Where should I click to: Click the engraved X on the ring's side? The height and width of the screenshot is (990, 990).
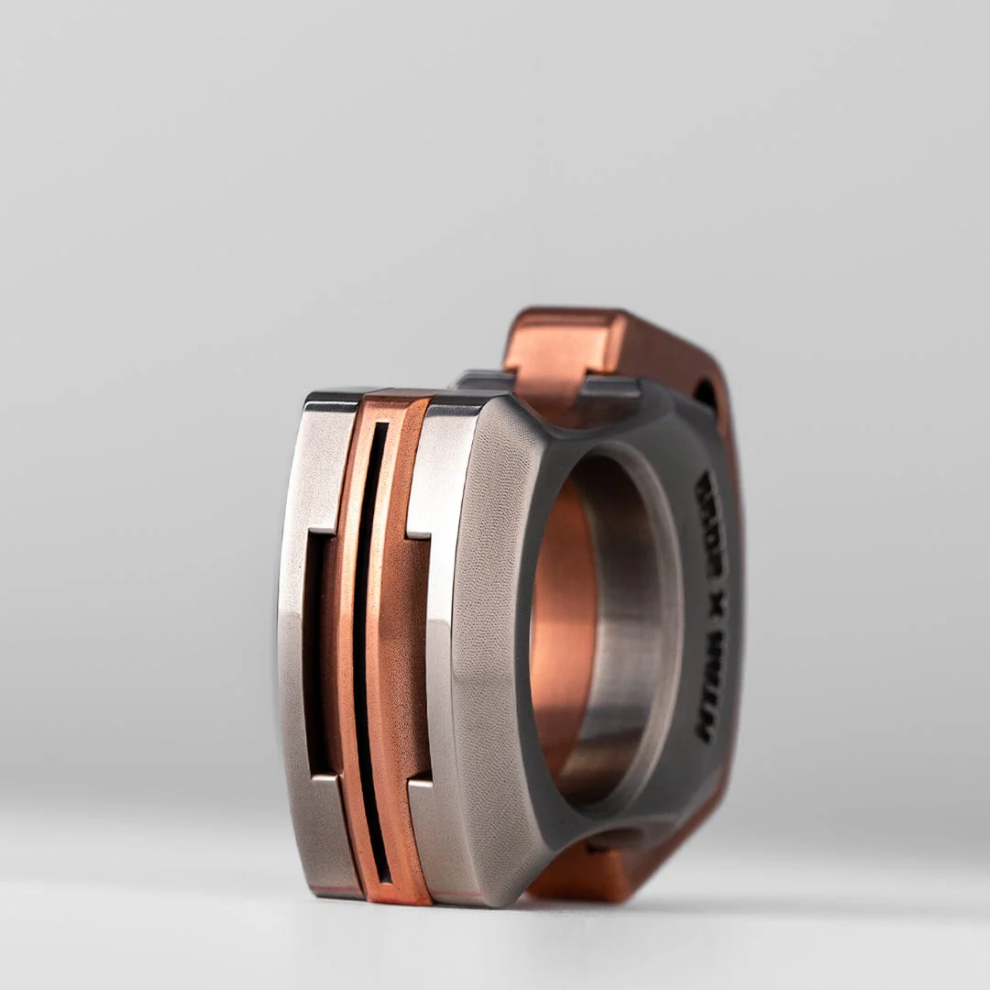pos(712,600)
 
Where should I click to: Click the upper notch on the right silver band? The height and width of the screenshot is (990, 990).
pos(418,533)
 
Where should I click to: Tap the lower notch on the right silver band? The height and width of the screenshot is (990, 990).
pos(419,781)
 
